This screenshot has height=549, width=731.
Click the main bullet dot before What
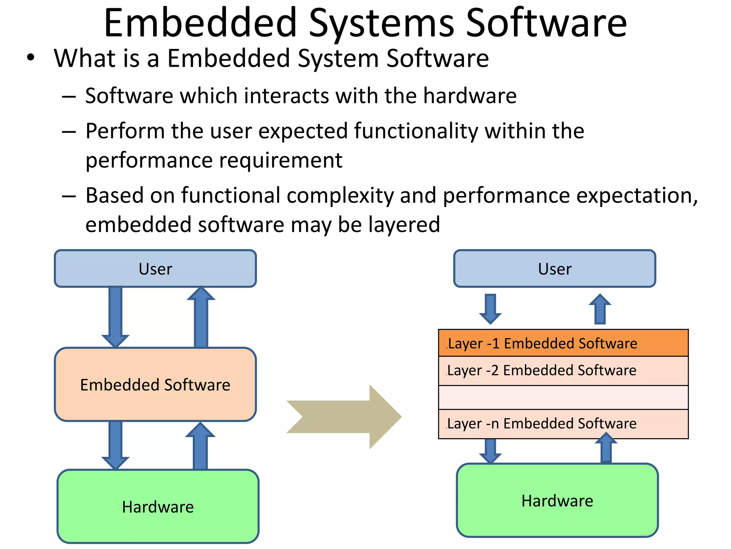coord(31,58)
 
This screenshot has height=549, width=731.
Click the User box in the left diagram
coord(155,269)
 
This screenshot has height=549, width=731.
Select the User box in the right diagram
coord(554,269)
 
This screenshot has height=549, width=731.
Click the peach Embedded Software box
coord(155,385)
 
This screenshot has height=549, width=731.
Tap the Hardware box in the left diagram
coord(158,506)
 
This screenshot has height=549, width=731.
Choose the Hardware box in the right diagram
coord(557,500)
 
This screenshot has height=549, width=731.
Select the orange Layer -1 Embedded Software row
coord(563,343)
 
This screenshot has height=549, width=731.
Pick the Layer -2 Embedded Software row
coord(563,371)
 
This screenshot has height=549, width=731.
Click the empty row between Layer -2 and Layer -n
coord(563,397)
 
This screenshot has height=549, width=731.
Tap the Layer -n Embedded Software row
coord(563,424)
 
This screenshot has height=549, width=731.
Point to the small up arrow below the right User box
coord(600,309)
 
